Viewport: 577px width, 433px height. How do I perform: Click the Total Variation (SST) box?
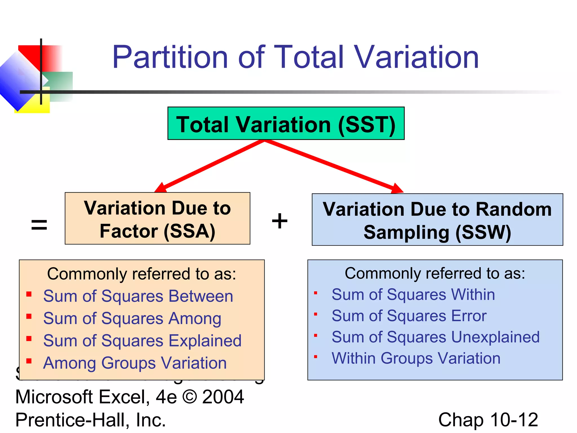[286, 123]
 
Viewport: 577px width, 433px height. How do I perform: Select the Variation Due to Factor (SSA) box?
[157, 218]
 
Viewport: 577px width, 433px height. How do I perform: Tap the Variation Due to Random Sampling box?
[437, 220]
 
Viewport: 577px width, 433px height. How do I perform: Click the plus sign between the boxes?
[279, 221]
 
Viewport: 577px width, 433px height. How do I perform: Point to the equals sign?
[39, 225]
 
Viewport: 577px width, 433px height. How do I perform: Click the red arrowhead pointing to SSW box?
[397, 188]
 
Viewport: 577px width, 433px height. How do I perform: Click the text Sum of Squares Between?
[138, 296]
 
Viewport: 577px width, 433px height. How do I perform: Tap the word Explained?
[205, 341]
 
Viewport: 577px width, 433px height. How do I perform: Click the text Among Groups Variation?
[135, 363]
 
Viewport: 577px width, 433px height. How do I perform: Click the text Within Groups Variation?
[416, 358]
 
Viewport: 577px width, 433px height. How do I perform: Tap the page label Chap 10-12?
[488, 420]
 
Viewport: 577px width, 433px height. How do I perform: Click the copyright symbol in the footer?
[190, 397]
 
